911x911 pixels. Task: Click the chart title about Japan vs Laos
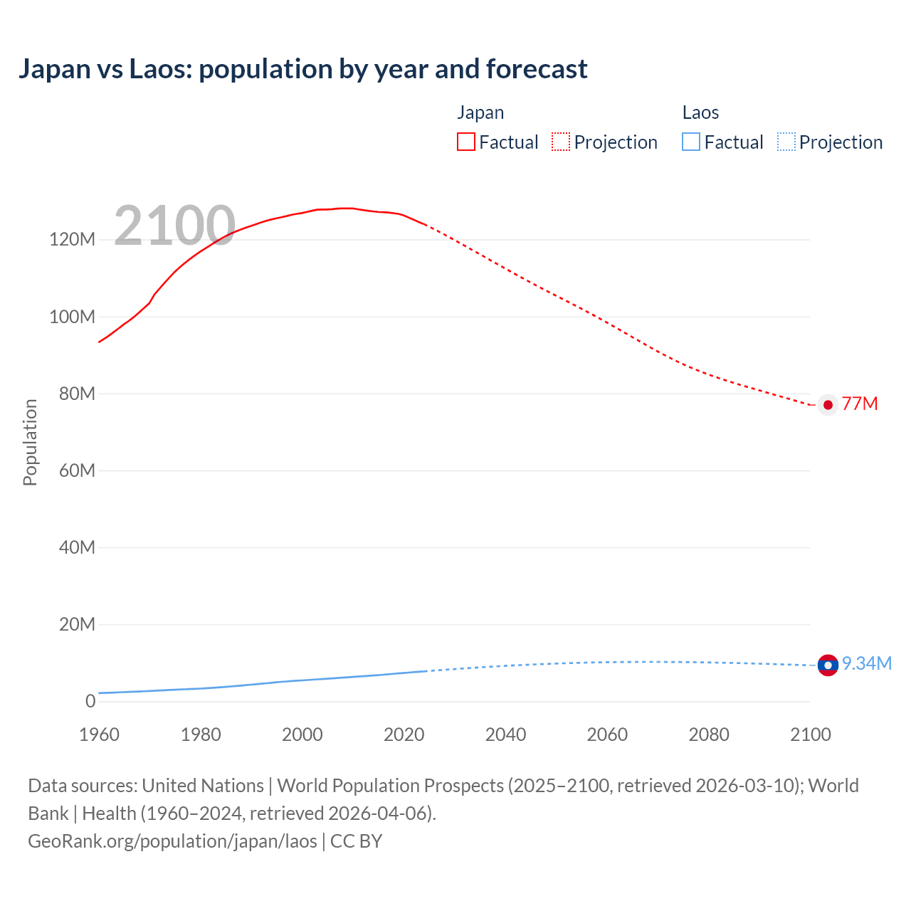[302, 69]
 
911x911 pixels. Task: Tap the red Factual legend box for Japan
[466, 142]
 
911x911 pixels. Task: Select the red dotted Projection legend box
[561, 142]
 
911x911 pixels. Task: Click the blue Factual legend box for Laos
[691, 142]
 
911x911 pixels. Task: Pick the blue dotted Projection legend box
[786, 142]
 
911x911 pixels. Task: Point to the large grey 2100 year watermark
[174, 226]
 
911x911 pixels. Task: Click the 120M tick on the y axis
[72, 240]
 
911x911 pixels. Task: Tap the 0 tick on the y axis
[90, 701]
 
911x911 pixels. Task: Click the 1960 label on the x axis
[99, 734]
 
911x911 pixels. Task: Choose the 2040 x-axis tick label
[505, 734]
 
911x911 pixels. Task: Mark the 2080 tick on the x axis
[709, 734]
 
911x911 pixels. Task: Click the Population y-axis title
[30, 442]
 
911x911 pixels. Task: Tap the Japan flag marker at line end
[828, 404]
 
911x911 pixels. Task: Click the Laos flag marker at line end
[828, 665]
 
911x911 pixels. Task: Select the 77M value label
[860, 404]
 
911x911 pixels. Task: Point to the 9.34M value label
[866, 663]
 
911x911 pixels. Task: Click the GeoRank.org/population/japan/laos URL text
[172, 841]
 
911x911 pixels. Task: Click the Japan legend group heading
[480, 112]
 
